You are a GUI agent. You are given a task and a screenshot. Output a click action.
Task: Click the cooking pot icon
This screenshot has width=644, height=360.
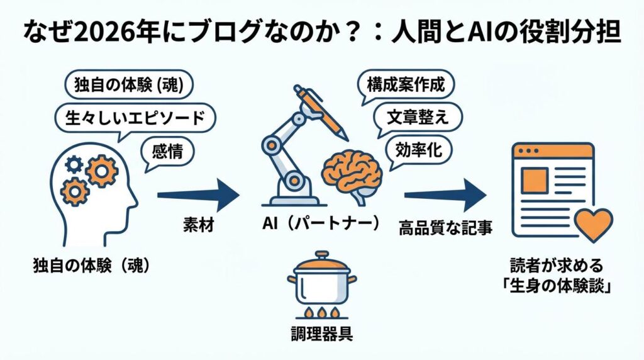point(321,283)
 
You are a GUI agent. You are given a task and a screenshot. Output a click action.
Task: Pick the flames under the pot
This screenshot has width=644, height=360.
point(321,313)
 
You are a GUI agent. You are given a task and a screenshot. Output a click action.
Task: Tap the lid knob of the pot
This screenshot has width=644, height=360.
point(321,255)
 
